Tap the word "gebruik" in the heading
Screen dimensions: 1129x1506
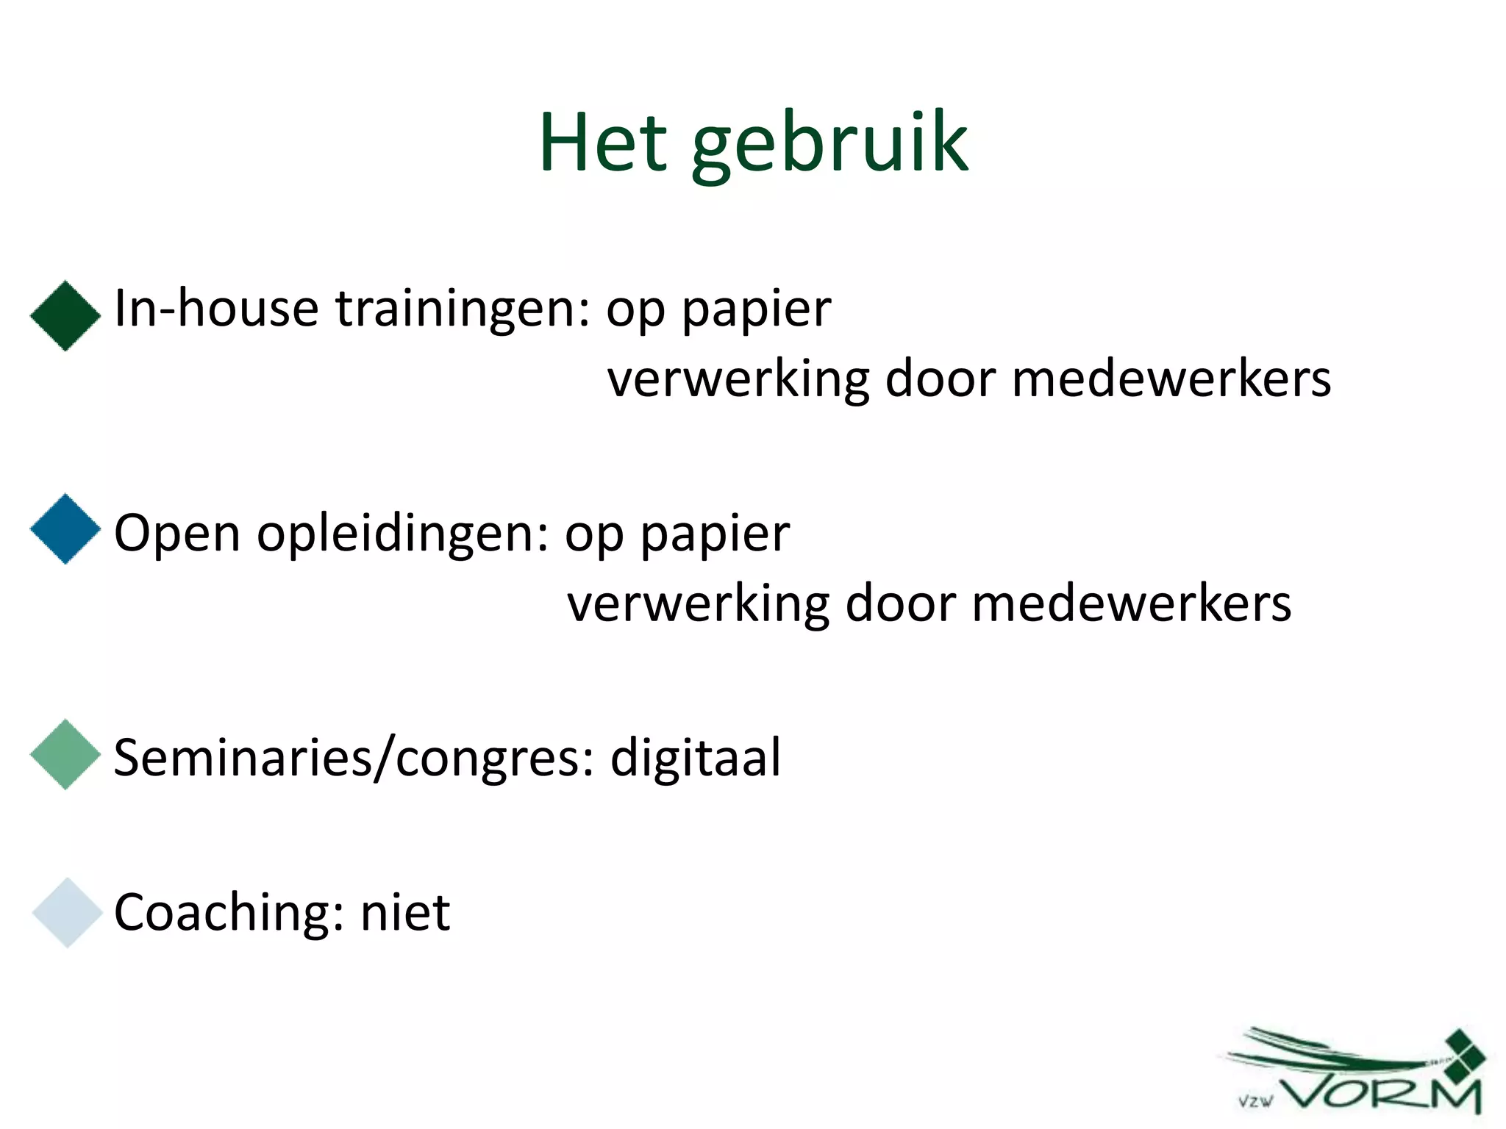829,145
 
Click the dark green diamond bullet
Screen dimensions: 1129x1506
65,316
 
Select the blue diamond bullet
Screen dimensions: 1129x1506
65,528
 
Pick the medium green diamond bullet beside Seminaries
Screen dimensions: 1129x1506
65,754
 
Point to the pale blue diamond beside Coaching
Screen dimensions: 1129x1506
67,912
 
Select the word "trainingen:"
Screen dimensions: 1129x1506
463,309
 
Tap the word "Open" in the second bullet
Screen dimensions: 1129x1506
176,534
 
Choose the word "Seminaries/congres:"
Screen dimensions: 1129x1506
354,758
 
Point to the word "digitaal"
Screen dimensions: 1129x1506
696,758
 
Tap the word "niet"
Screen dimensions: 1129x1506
405,912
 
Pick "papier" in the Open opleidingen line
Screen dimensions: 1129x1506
715,535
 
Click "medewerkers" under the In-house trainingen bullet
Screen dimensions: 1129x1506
1171,379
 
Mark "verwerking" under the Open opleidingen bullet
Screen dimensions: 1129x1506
698,605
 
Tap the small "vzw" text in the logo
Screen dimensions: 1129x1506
1255,1102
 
